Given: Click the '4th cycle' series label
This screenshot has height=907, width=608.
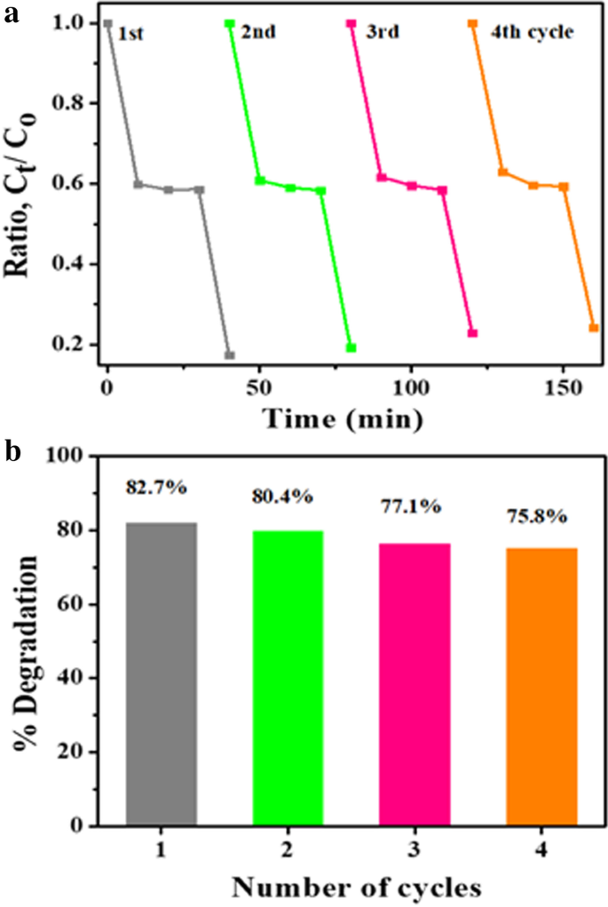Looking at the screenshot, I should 533,33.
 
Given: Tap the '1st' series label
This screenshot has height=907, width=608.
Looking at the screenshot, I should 130,35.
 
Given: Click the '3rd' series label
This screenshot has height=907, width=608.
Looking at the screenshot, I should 383,33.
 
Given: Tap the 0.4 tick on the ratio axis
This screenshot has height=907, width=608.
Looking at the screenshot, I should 70,265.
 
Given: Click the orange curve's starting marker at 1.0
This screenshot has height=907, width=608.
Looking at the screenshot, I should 472,24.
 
